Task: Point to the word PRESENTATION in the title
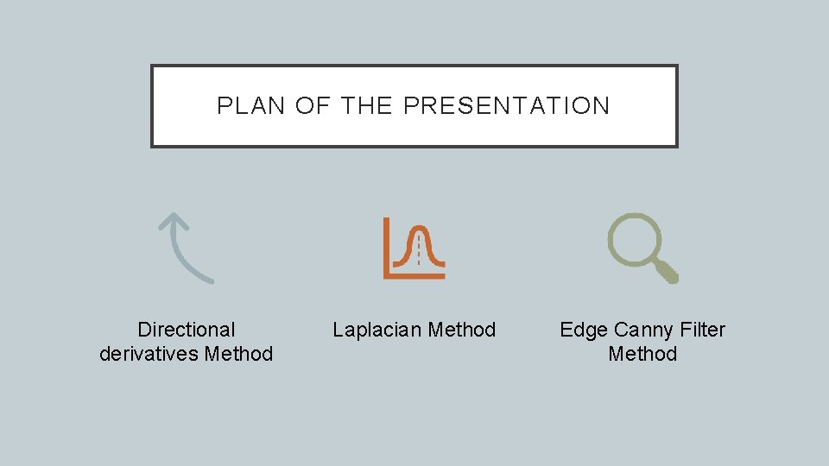point(507,106)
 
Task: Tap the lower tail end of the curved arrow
point(209,280)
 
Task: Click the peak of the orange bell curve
point(419,228)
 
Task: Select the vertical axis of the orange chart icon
point(387,248)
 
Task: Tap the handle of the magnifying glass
point(667,272)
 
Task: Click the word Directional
point(186,330)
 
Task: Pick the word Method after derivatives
point(239,354)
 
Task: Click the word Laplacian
point(377,330)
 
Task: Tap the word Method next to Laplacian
point(462,330)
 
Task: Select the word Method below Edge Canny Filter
point(642,354)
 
